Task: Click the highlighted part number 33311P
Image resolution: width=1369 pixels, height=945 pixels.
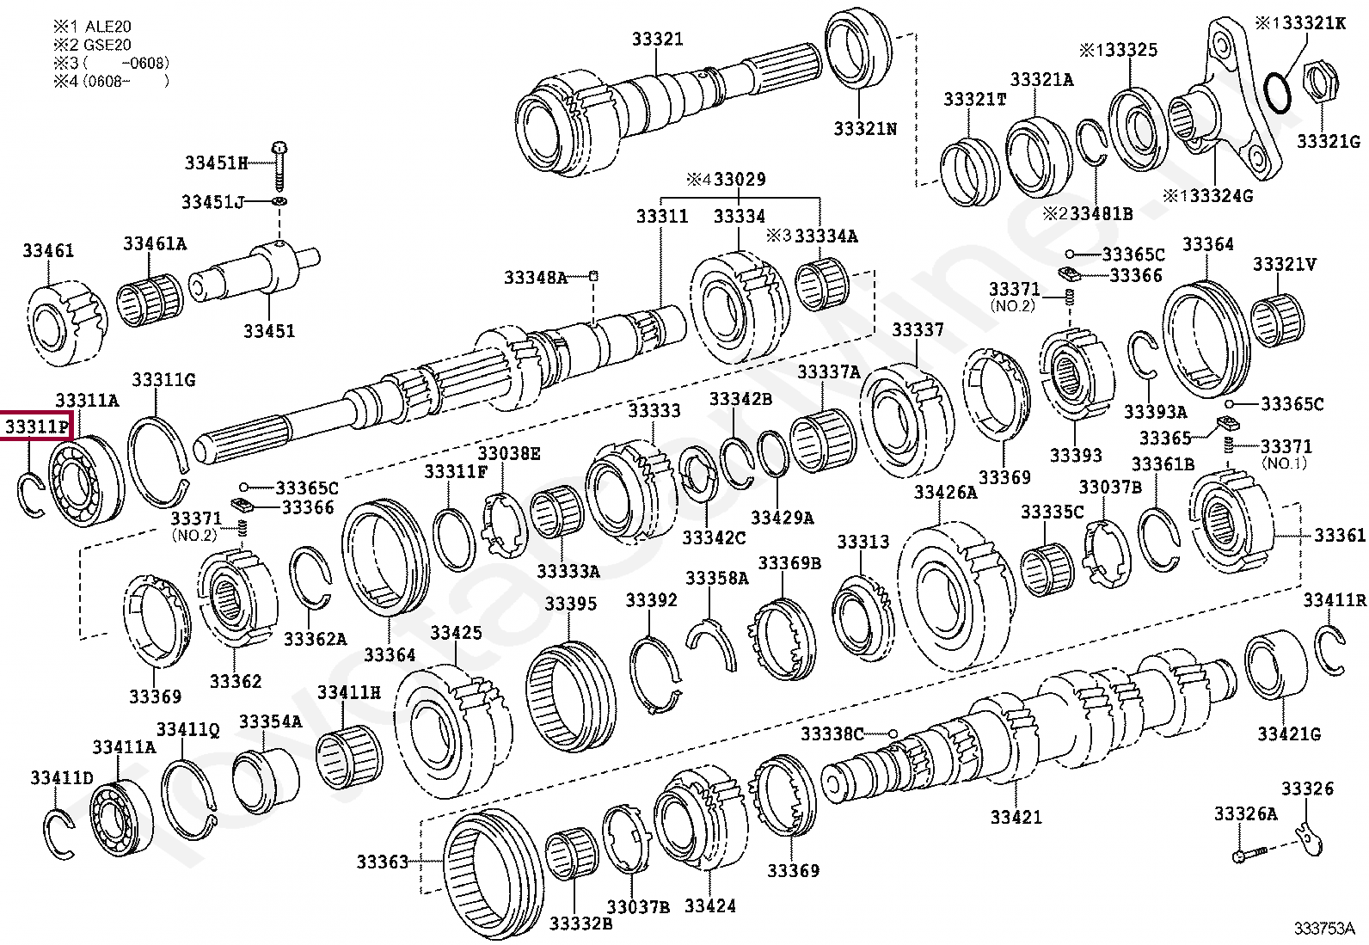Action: pos(37,426)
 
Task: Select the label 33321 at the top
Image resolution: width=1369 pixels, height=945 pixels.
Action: pos(657,39)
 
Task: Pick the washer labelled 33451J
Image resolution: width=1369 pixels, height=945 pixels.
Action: pos(280,202)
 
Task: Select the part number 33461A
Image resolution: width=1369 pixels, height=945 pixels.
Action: pos(154,243)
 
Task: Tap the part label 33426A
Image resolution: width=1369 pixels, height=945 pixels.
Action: pos(945,493)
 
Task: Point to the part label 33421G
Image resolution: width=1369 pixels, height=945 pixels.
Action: pos(1288,733)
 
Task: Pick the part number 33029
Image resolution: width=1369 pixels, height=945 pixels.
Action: pos(739,180)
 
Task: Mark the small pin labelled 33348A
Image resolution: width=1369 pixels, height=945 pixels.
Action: pos(593,275)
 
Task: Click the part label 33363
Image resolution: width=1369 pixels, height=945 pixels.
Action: pos(382,861)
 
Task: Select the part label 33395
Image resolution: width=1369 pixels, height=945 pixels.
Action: pos(570,604)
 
